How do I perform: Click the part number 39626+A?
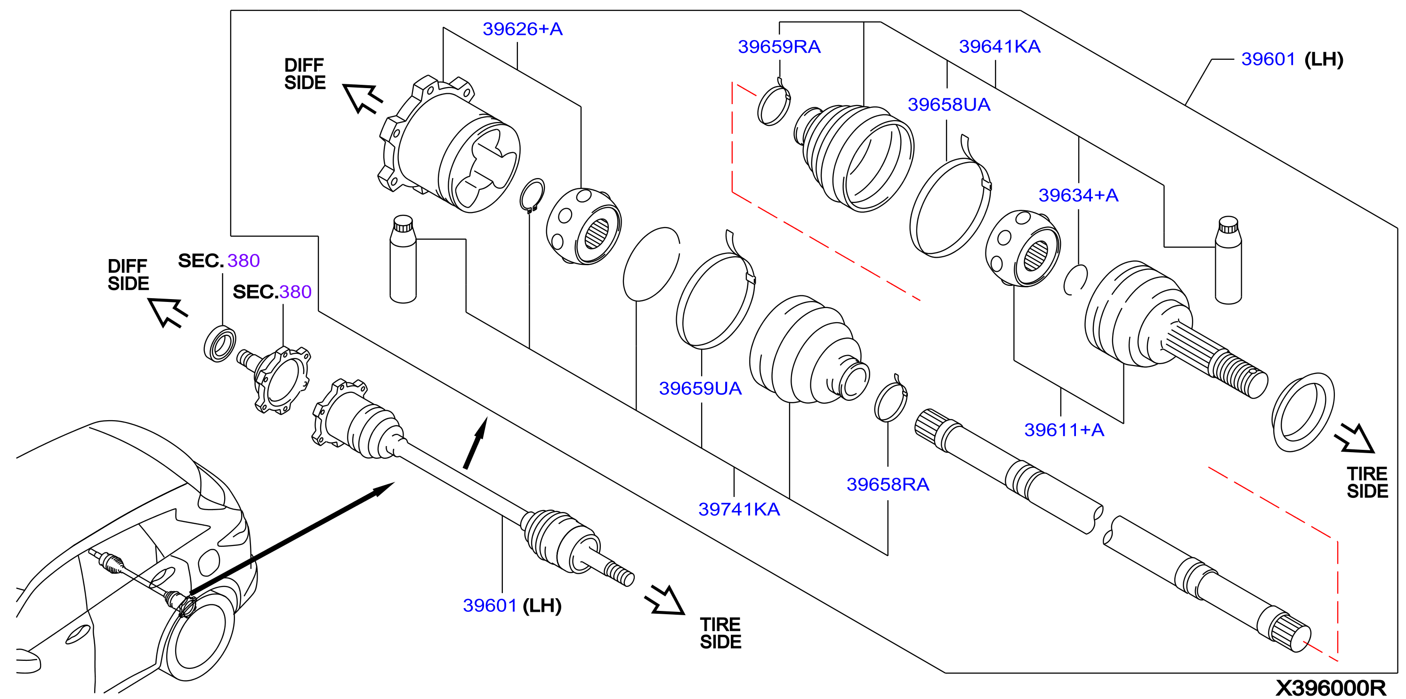522,29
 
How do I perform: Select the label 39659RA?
779,47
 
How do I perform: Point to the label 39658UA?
949,104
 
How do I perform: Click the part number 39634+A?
1078,195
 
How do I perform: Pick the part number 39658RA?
888,484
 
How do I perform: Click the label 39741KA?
739,510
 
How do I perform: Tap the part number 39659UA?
700,388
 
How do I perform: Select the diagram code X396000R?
1331,688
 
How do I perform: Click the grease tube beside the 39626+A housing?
403,259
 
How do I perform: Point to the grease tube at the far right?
1228,260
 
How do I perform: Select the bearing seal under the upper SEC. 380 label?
219,343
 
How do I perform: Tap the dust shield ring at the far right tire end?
1303,412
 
